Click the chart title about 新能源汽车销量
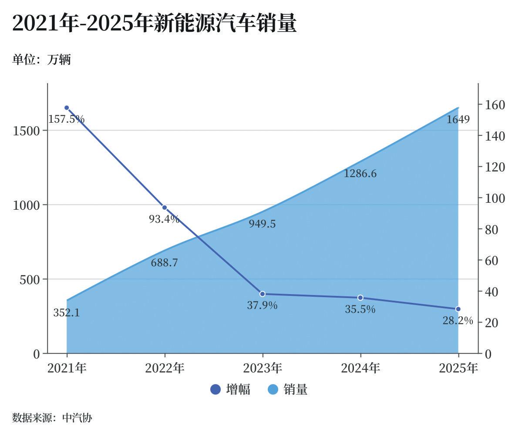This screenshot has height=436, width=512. (155, 23)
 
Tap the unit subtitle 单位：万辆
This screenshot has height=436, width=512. (41, 60)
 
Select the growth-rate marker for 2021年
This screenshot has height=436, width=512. (67, 108)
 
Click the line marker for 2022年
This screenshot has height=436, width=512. (165, 208)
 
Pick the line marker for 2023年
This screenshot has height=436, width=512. (263, 294)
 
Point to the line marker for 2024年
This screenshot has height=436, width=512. (360, 298)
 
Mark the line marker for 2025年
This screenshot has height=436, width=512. (458, 309)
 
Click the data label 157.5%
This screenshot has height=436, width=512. (66, 119)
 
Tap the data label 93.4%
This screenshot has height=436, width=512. (164, 219)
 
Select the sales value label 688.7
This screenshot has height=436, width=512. (164, 263)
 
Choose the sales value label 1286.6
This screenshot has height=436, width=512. (360, 174)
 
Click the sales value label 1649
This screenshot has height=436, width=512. (458, 119)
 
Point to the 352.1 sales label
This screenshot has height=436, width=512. (67, 313)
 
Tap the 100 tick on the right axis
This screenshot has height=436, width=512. (495, 198)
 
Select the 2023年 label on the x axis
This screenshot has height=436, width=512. (263, 368)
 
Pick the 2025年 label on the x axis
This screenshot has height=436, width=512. (458, 368)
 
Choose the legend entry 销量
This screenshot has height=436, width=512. (287, 389)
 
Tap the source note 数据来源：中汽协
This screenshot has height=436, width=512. (52, 418)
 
